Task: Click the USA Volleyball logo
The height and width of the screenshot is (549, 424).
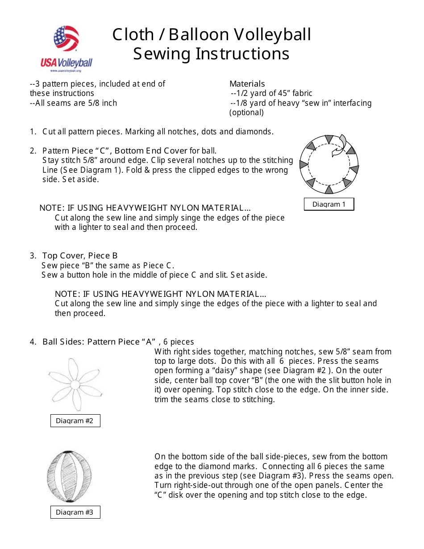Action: tap(67, 49)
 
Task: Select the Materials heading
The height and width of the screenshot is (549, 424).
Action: tap(247, 83)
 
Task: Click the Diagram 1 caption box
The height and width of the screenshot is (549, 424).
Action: tap(329, 204)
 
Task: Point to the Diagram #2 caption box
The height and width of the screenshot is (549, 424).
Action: tap(75, 420)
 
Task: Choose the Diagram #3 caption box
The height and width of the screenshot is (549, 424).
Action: tap(75, 512)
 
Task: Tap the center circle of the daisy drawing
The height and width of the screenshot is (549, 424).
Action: tap(75, 384)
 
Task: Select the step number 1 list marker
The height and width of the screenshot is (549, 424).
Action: tap(33, 132)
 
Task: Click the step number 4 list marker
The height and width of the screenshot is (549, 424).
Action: tap(33, 342)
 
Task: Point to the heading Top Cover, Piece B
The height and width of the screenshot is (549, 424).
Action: tap(80, 255)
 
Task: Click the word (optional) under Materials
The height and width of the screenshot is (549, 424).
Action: tap(246, 112)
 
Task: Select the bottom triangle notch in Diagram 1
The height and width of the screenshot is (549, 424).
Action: tap(329, 189)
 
